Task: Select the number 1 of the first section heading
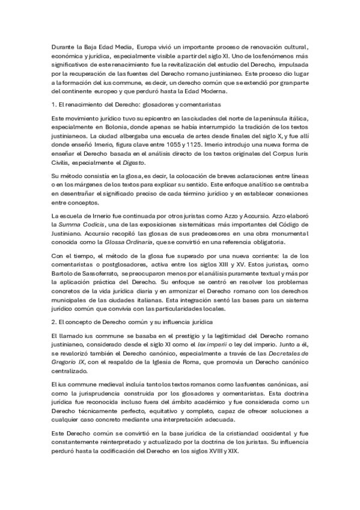coord(53,105)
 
